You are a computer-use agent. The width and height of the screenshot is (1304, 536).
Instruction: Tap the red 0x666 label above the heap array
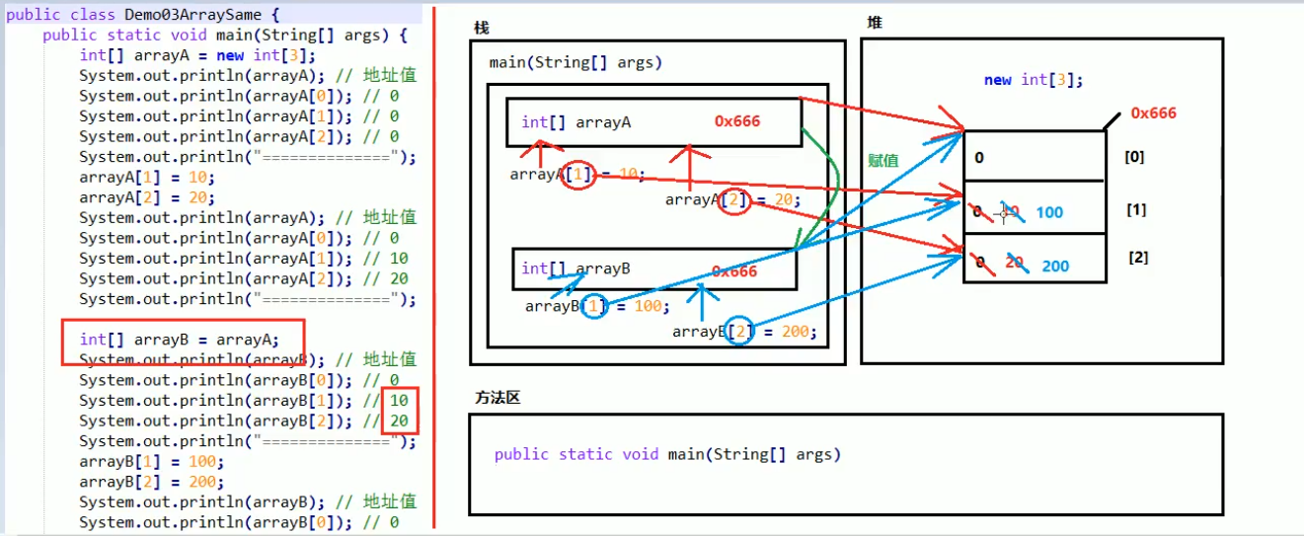[1153, 113]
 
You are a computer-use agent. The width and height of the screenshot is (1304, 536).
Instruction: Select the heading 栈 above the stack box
[481, 29]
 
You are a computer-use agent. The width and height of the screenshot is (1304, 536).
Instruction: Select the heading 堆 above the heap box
[874, 22]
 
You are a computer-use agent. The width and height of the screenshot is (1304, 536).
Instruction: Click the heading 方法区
[498, 397]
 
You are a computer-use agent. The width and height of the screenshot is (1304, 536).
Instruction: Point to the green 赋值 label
[883, 160]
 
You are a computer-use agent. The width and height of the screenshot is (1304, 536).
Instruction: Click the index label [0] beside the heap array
[1134, 156]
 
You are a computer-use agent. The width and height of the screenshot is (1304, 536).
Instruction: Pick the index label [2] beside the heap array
[1138, 258]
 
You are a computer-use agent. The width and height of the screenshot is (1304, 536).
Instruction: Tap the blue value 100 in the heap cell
[1049, 212]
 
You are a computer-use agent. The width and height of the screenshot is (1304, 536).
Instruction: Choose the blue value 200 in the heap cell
[1054, 266]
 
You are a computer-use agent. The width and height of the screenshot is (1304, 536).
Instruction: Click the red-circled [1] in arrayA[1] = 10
[581, 175]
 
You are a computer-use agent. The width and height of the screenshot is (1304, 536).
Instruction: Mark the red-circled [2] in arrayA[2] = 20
[735, 200]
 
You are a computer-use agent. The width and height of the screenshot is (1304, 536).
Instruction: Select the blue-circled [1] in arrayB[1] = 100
[594, 306]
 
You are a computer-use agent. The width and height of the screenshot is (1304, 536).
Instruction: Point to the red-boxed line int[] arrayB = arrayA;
[180, 340]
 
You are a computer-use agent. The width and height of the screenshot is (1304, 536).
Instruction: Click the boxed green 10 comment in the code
[399, 400]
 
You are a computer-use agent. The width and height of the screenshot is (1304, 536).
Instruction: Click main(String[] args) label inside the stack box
[575, 62]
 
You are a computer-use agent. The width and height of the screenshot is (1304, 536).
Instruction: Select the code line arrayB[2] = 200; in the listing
[152, 482]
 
